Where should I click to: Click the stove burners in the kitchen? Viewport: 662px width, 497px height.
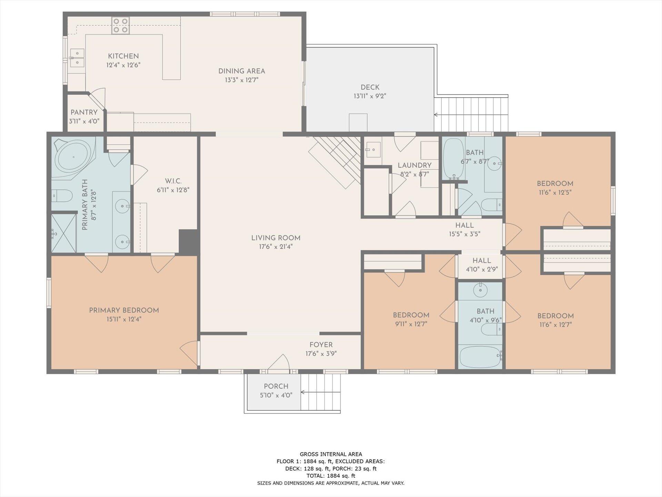tap(120, 26)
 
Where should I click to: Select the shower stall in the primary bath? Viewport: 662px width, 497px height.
tap(64, 233)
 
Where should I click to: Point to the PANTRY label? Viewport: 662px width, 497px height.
tap(84, 113)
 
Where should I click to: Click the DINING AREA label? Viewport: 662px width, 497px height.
tap(242, 71)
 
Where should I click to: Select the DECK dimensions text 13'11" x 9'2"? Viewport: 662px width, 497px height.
tap(370, 96)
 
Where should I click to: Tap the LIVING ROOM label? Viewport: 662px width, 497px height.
tap(276, 238)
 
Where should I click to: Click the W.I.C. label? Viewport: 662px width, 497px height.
tap(173, 181)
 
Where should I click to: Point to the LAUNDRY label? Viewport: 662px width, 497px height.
tap(414, 165)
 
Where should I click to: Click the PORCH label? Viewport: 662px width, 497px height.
tap(276, 386)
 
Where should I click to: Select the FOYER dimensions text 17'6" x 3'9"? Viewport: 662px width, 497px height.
tap(321, 354)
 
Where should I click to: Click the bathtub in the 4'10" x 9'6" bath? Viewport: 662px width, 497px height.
tap(480, 357)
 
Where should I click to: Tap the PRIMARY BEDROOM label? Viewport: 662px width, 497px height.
tap(124, 310)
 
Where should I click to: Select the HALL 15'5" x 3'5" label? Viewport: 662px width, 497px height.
tap(464, 230)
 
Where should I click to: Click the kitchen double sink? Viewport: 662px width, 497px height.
tap(77, 58)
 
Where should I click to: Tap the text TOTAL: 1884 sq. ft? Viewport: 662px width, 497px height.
tap(331, 476)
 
